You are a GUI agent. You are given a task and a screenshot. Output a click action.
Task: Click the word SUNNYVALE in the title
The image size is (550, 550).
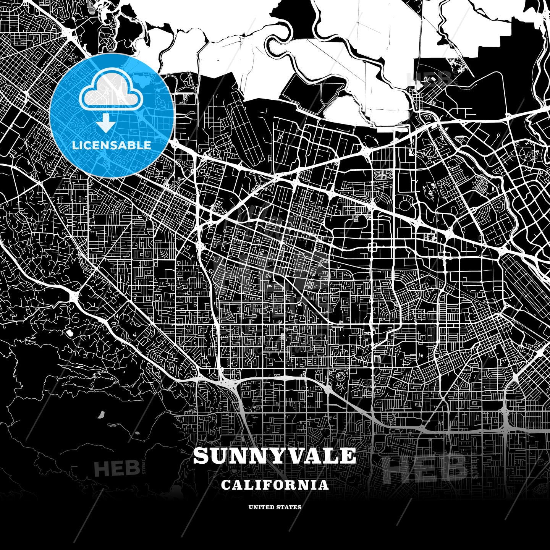274,456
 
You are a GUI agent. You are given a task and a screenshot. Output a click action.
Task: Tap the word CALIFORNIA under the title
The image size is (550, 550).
275,485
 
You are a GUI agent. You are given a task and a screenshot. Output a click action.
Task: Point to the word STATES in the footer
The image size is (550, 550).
290,507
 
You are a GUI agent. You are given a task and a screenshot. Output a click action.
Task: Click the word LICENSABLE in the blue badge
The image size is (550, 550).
112,146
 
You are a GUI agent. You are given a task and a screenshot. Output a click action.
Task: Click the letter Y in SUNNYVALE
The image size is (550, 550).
274,456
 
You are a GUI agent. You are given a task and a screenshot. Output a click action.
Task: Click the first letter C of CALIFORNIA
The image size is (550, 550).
225,485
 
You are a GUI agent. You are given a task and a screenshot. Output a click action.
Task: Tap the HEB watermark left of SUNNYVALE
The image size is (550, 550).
116,468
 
